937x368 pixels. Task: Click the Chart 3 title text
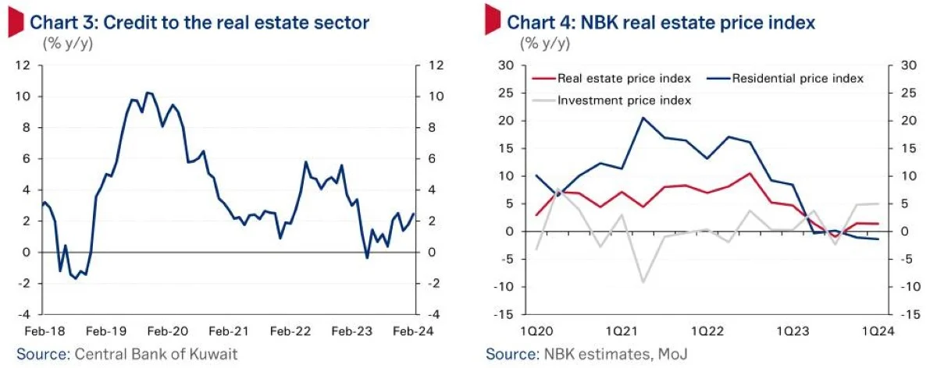(x=200, y=23)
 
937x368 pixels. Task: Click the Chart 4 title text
(x=661, y=23)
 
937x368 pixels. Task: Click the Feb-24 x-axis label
(x=413, y=331)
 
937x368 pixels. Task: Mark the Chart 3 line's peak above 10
(x=149, y=93)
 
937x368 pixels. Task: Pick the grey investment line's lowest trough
(x=643, y=281)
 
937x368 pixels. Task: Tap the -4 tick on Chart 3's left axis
(x=26, y=315)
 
